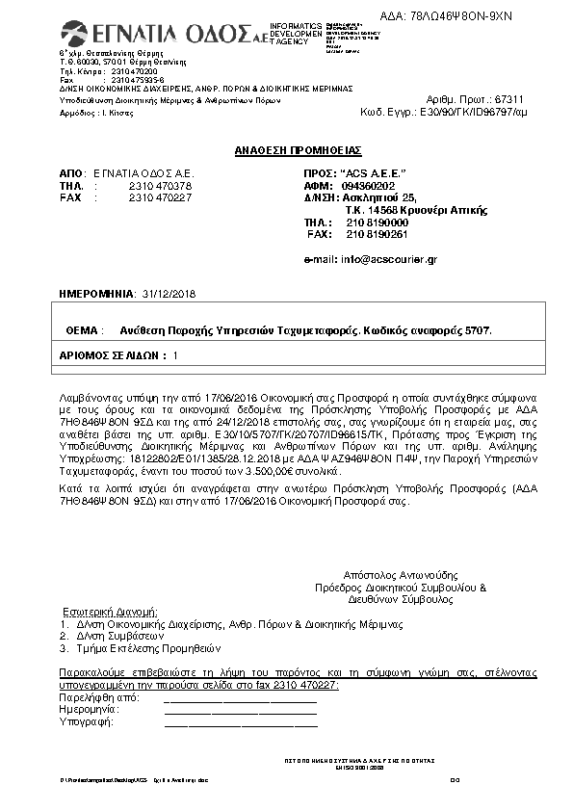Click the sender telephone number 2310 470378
(160, 185)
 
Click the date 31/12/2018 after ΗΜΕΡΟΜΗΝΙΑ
(169, 294)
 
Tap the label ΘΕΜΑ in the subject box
(82, 329)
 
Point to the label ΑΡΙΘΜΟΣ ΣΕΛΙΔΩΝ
(112, 355)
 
